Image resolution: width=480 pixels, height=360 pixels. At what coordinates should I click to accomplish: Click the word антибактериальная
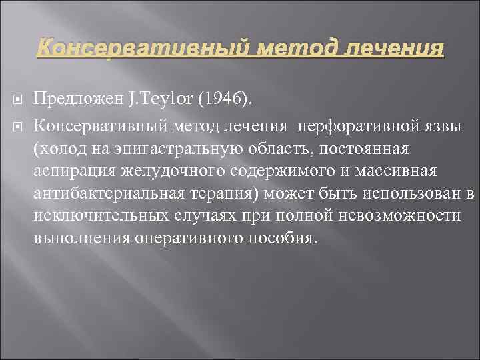point(109,193)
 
